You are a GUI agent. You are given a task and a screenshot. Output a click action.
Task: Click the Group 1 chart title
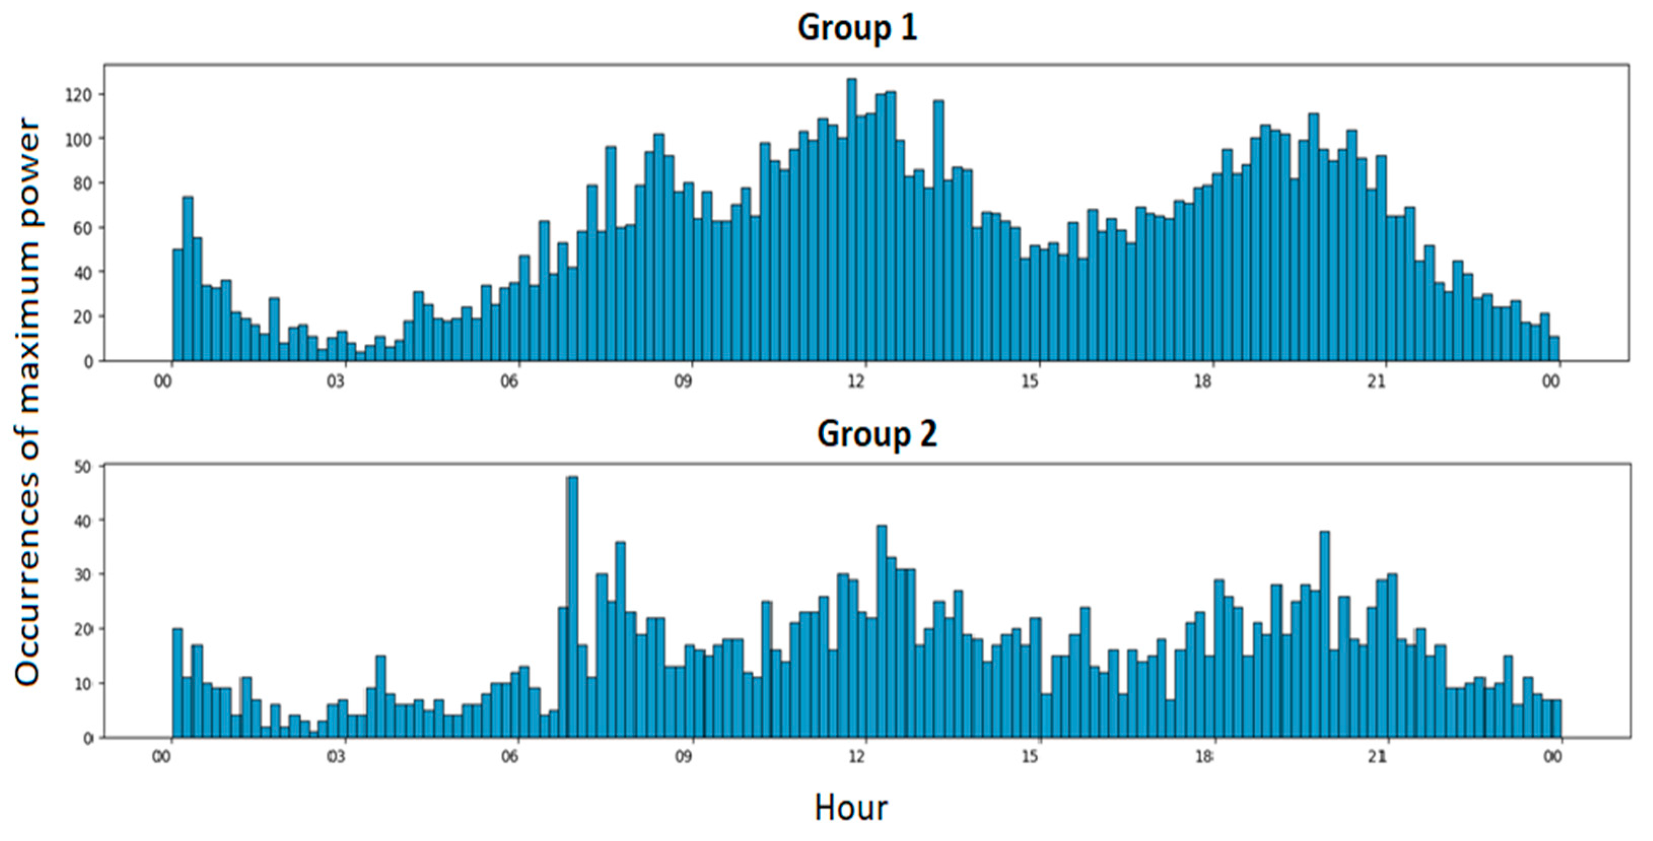click(x=857, y=28)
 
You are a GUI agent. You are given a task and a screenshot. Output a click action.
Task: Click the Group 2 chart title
click(x=876, y=434)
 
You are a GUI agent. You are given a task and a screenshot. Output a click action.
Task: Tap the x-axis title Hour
click(x=851, y=808)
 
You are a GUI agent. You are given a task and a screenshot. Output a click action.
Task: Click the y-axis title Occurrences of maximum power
click(x=28, y=401)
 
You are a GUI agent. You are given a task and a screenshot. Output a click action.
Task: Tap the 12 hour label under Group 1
click(x=856, y=382)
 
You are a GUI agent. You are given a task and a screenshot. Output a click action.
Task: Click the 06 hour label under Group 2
click(x=510, y=757)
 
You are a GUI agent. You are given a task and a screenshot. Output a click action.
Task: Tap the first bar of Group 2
click(x=178, y=683)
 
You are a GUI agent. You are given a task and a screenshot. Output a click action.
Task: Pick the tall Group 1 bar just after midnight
click(x=187, y=279)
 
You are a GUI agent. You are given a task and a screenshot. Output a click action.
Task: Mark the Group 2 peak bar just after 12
click(x=882, y=632)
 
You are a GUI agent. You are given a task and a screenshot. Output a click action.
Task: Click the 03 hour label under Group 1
click(x=336, y=382)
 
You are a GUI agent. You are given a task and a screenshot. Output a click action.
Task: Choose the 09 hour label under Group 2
click(x=683, y=757)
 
